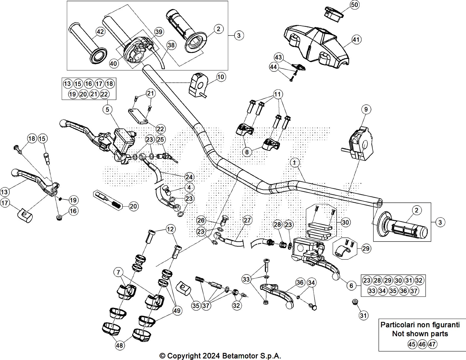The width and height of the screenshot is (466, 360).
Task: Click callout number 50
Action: point(354,5)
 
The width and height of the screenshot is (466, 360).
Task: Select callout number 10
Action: point(221,77)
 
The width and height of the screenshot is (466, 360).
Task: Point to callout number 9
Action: point(366,110)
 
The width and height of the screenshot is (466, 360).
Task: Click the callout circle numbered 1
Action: point(295,162)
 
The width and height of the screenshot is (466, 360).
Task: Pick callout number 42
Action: point(100,32)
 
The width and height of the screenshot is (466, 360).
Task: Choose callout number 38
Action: point(171,45)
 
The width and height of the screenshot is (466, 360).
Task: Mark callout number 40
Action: point(114,63)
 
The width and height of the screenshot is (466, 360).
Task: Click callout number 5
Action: point(107,110)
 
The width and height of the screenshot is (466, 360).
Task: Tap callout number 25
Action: point(160,139)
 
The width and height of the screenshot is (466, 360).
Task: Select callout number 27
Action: point(247,220)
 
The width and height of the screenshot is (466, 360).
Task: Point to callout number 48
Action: point(119,345)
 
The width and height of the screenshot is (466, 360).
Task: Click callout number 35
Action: point(196,306)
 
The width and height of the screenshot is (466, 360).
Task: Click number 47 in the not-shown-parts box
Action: point(432,344)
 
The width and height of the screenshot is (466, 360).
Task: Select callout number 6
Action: point(351,285)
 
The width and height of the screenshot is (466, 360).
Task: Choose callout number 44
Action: point(273,67)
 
